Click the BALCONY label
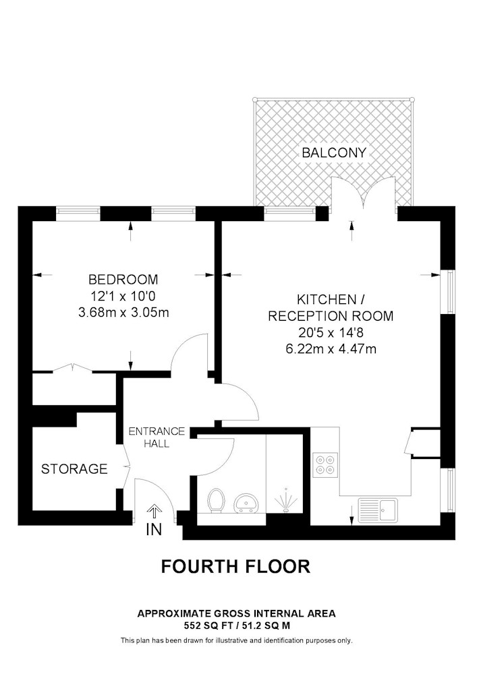coord(334,152)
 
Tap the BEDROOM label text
coord(123,280)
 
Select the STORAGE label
coord(74,468)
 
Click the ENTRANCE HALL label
coord(157,437)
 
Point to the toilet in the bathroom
coord(216,501)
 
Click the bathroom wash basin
coord(246,503)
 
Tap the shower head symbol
coord(285,500)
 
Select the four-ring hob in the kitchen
coord(325,465)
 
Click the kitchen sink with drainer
coord(378,510)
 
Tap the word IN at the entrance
coord(154,530)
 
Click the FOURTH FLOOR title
coord(235,567)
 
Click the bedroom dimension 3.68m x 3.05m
coord(123,313)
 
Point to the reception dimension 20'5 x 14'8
coord(331,332)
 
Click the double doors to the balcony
coord(364,194)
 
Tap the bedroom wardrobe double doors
coord(72,368)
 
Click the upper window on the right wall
coord(450,291)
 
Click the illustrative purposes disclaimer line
coord(237,640)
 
